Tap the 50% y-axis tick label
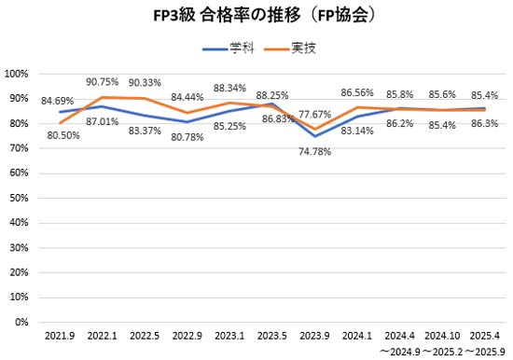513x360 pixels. pos(21,198)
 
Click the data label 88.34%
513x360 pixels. pos(229,87)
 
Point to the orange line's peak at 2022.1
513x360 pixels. pos(102,97)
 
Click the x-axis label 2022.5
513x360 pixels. pos(144,334)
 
